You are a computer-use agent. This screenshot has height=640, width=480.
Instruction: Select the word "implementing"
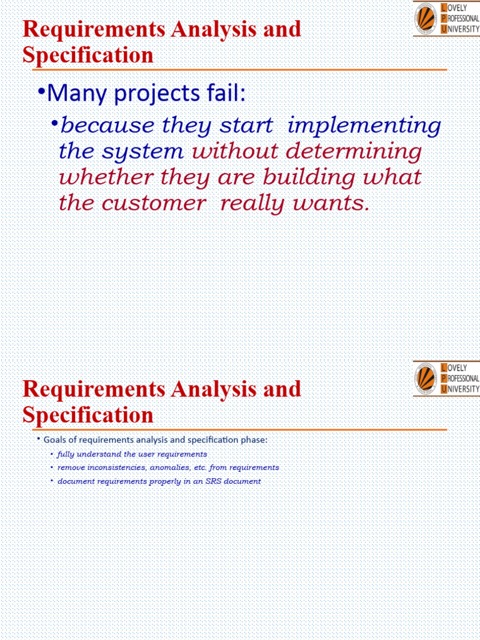coord(364,126)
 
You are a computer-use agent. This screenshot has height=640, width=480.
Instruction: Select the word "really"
coord(256,203)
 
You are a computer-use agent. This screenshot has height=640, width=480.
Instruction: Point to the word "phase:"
coord(251,440)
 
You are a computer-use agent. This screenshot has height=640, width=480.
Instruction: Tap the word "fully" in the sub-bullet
coord(65,454)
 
